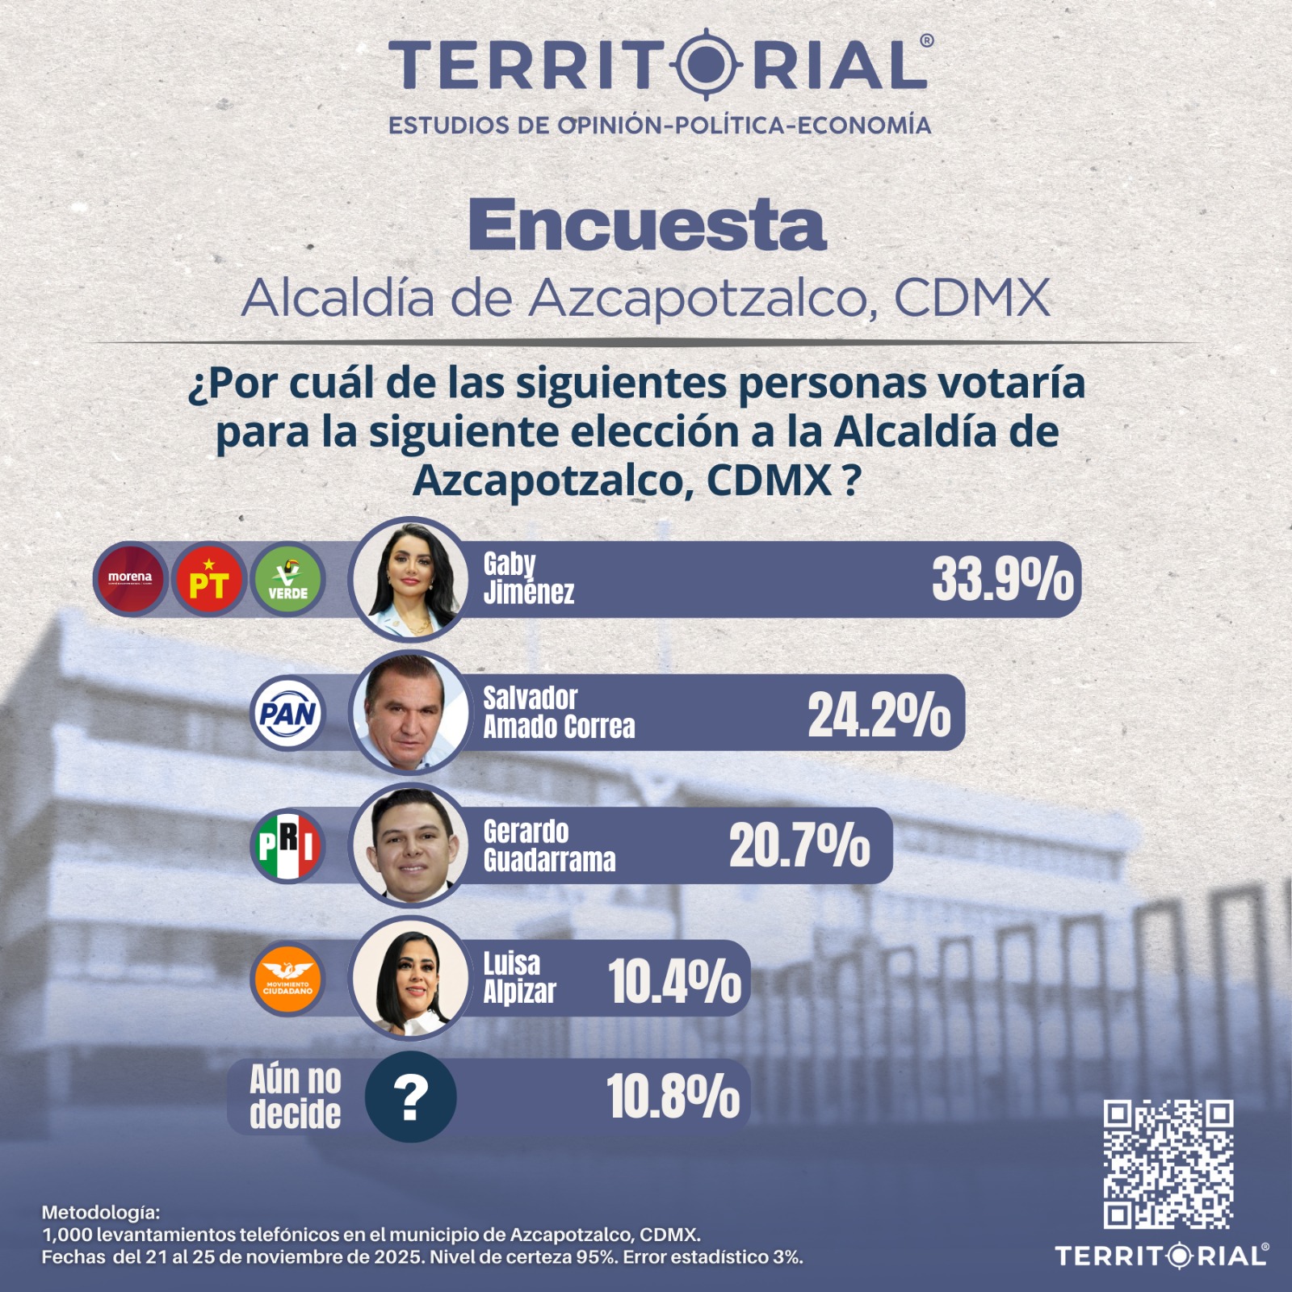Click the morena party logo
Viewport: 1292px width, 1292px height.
click(130, 579)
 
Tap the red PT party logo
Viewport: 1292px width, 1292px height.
click(209, 579)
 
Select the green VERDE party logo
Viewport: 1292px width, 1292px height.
click(288, 579)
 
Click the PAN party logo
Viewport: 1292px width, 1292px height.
click(288, 713)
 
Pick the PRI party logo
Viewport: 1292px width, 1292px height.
click(288, 845)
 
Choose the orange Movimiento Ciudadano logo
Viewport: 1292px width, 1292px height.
click(288, 979)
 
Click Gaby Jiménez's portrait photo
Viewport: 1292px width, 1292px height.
click(409, 579)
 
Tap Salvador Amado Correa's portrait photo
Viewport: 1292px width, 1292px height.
click(409, 712)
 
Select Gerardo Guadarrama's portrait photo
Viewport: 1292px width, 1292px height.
click(409, 845)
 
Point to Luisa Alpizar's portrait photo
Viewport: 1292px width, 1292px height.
click(409, 979)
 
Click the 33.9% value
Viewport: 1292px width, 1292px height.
click(1003, 580)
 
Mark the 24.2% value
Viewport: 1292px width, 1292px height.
click(879, 715)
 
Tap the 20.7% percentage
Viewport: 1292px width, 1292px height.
click(799, 846)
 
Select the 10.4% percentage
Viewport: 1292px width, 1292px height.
click(674, 981)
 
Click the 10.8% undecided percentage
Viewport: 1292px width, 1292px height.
click(673, 1097)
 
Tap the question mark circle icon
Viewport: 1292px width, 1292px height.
click(410, 1097)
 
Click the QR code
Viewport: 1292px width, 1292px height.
click(1168, 1164)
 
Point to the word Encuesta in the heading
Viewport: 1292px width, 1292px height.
click(647, 225)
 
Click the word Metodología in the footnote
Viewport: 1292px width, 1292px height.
click(101, 1212)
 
